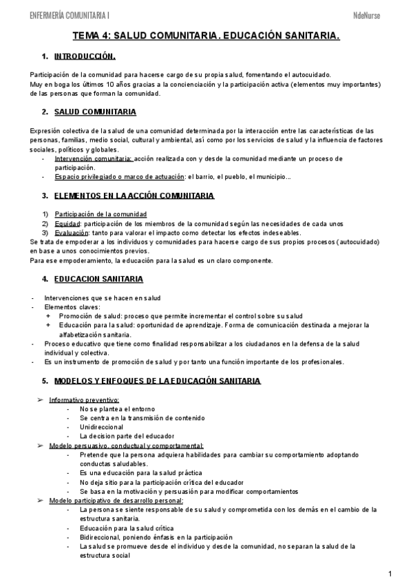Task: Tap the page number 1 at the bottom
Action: click(x=390, y=573)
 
